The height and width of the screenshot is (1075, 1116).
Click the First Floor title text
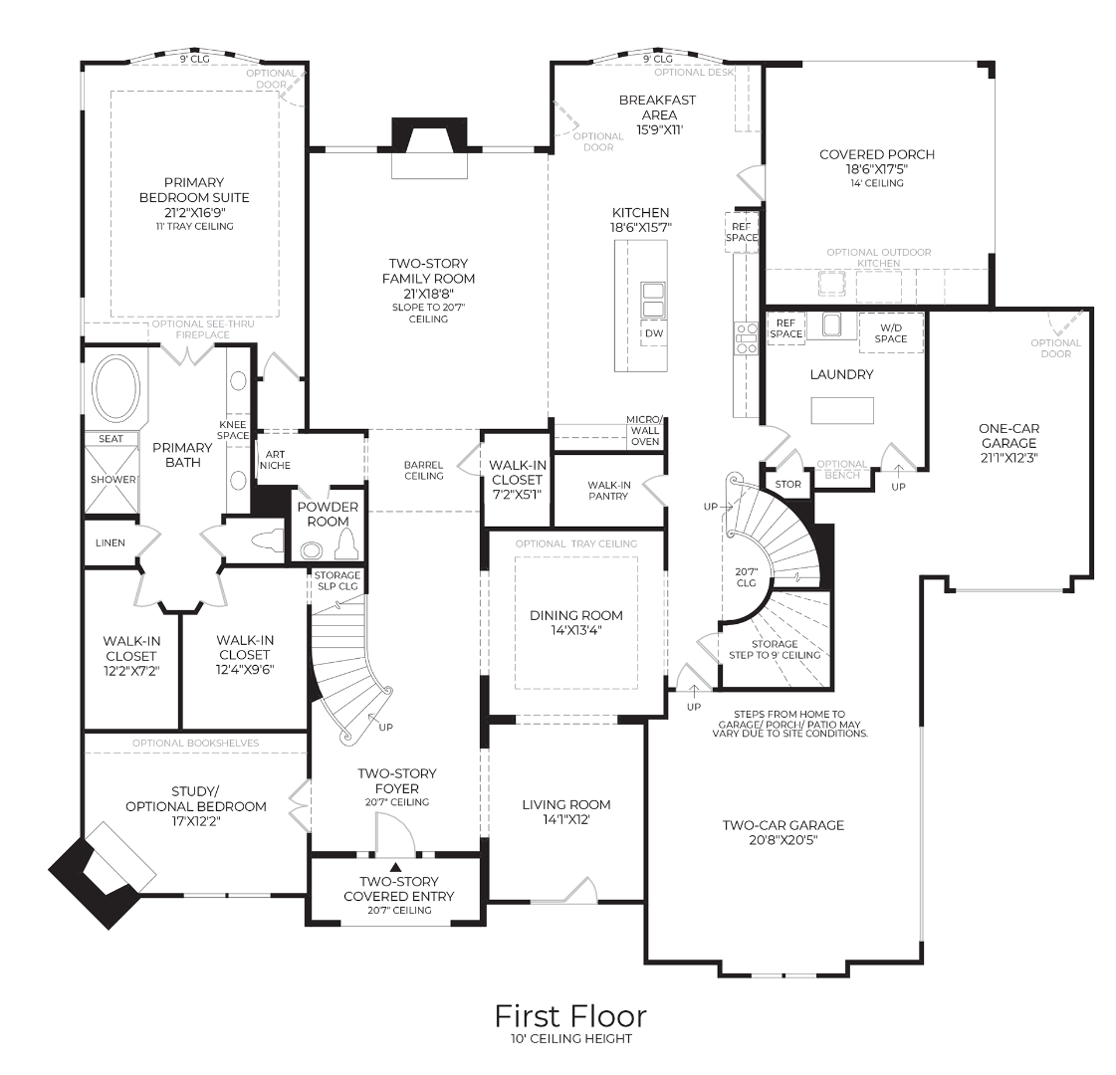coord(570,1015)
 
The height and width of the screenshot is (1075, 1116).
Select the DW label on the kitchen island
coord(653,333)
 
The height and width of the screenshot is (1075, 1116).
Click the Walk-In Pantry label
coord(607,490)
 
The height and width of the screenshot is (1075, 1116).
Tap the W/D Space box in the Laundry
coord(890,332)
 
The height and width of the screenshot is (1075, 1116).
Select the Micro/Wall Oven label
coord(644,430)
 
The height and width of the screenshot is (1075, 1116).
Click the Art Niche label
coord(275,459)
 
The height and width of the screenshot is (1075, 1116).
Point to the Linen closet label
coord(110,543)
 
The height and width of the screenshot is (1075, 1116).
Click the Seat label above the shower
coord(111,438)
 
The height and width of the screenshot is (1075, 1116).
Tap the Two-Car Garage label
coord(782,824)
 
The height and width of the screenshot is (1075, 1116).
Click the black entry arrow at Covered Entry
coord(395,866)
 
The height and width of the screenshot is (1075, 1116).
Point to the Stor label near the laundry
coord(787,485)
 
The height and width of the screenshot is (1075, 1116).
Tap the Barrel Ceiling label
coord(423,470)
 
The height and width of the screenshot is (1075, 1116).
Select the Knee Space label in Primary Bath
coord(233,429)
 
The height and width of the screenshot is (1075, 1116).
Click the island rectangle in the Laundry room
coord(842,410)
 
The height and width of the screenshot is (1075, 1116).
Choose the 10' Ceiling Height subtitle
coord(570,1039)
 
